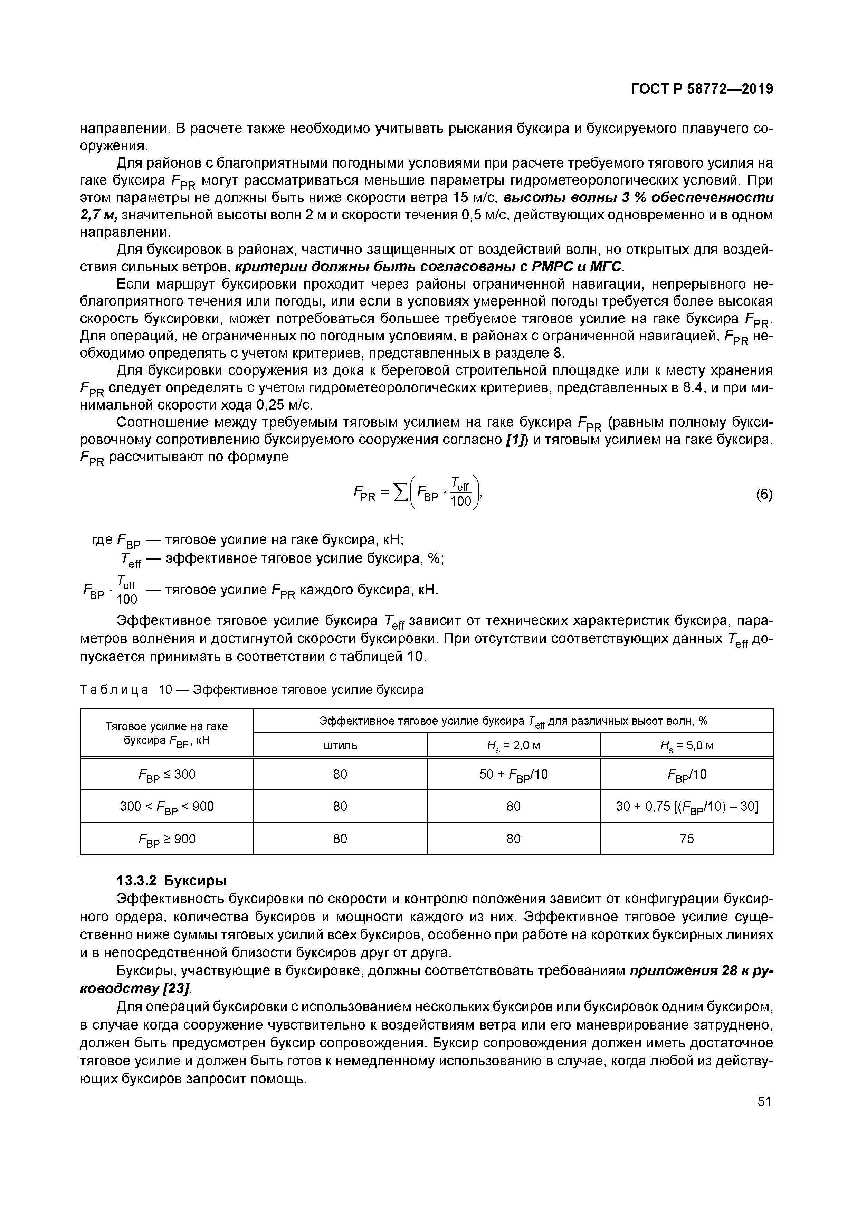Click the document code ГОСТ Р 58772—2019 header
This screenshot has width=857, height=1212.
702,89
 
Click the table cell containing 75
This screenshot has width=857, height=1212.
687,839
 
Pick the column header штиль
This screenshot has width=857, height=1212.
340,745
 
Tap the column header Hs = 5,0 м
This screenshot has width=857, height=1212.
687,745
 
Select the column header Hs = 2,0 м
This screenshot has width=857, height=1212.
513,745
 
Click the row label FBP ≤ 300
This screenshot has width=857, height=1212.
167,774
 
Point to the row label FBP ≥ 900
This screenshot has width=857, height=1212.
167,839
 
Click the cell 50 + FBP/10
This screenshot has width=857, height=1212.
513,774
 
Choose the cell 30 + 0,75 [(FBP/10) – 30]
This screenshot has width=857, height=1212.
687,807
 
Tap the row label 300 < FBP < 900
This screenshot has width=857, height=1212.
167,807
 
